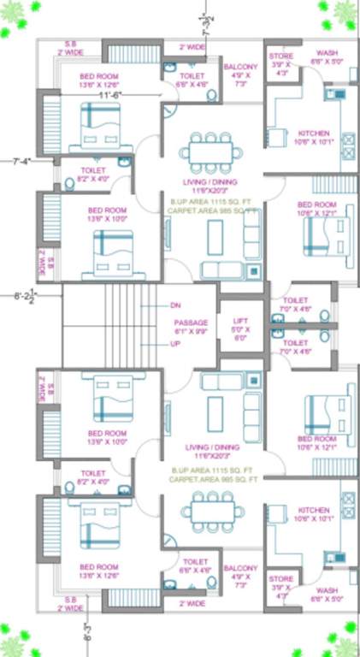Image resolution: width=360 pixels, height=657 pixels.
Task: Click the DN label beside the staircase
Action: [175, 305]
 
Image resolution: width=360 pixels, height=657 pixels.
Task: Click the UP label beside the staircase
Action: [175, 345]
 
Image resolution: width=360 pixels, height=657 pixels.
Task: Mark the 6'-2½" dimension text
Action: [23, 298]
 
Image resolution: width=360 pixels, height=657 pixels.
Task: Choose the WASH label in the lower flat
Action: [326, 590]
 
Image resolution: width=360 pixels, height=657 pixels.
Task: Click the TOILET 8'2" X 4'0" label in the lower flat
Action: [93, 473]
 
